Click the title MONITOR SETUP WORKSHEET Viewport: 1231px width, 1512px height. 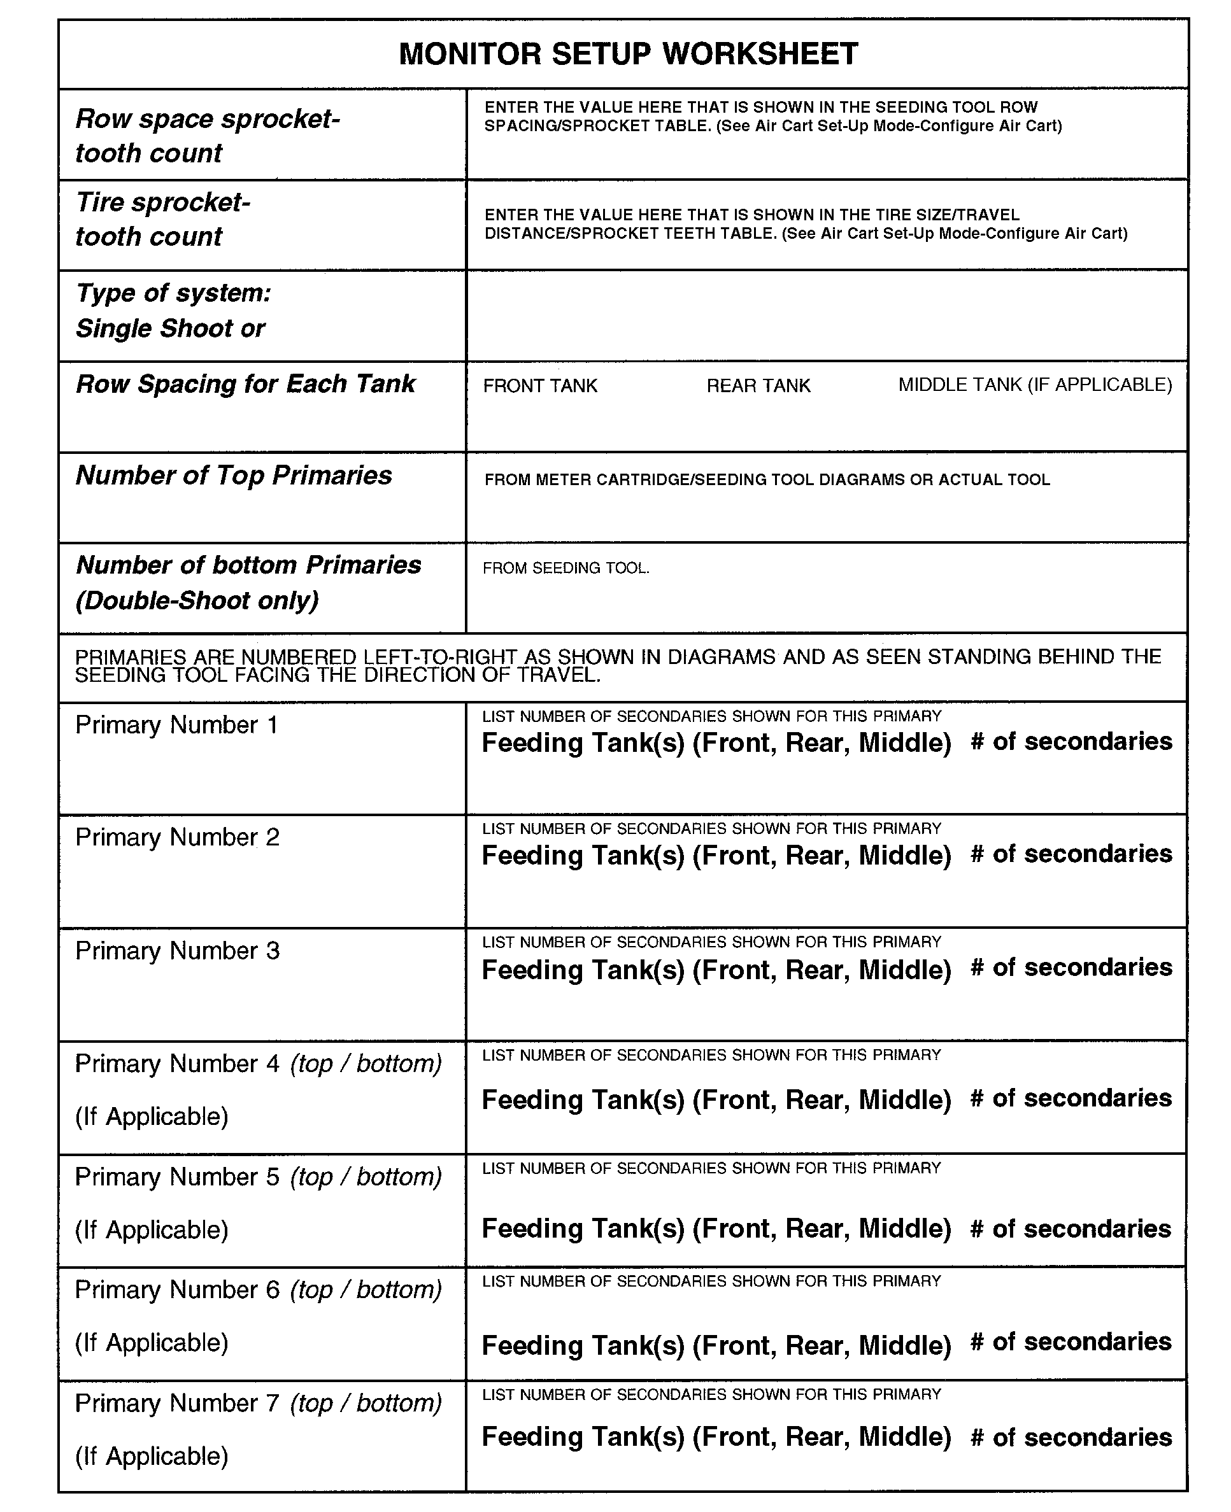point(629,54)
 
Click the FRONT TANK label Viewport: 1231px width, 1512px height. point(539,386)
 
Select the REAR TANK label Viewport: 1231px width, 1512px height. point(758,386)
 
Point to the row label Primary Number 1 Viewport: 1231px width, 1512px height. point(176,724)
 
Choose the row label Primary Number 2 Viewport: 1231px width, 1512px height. point(177,837)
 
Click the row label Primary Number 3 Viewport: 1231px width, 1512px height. point(177,950)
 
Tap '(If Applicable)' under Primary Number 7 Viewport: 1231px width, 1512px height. point(152,1456)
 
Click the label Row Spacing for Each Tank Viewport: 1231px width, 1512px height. point(245,383)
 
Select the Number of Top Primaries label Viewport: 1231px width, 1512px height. point(233,475)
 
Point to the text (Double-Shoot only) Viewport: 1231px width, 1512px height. point(197,600)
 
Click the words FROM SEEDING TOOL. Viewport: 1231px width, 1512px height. point(565,568)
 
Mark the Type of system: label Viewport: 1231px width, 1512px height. point(173,293)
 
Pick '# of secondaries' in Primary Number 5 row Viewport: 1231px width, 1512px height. point(1071,1229)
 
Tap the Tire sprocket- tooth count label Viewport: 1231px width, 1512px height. point(162,219)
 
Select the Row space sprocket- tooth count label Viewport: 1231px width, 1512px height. point(207,136)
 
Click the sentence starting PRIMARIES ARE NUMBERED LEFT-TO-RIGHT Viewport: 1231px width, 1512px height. point(617,666)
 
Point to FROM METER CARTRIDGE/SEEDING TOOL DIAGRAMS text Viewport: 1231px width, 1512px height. point(767,480)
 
